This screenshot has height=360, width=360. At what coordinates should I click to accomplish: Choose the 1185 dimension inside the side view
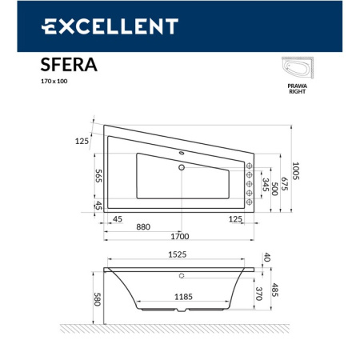pos(182,297)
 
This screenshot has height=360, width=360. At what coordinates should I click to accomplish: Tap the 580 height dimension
pos(98,297)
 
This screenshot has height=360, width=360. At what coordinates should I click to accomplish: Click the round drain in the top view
pos(182,168)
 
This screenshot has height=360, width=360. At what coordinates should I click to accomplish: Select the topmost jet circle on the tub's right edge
pos(250,166)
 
